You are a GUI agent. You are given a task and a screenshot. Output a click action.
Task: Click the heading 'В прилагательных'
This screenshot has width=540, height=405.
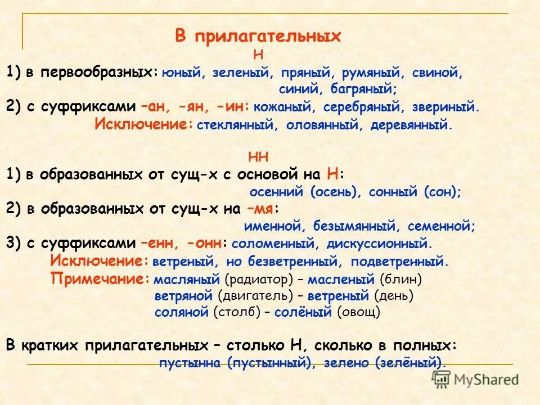point(258,36)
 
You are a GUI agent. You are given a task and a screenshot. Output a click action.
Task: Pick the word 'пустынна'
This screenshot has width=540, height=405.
point(191,363)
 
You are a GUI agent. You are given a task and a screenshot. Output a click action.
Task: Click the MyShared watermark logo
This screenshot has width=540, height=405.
point(475,380)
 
